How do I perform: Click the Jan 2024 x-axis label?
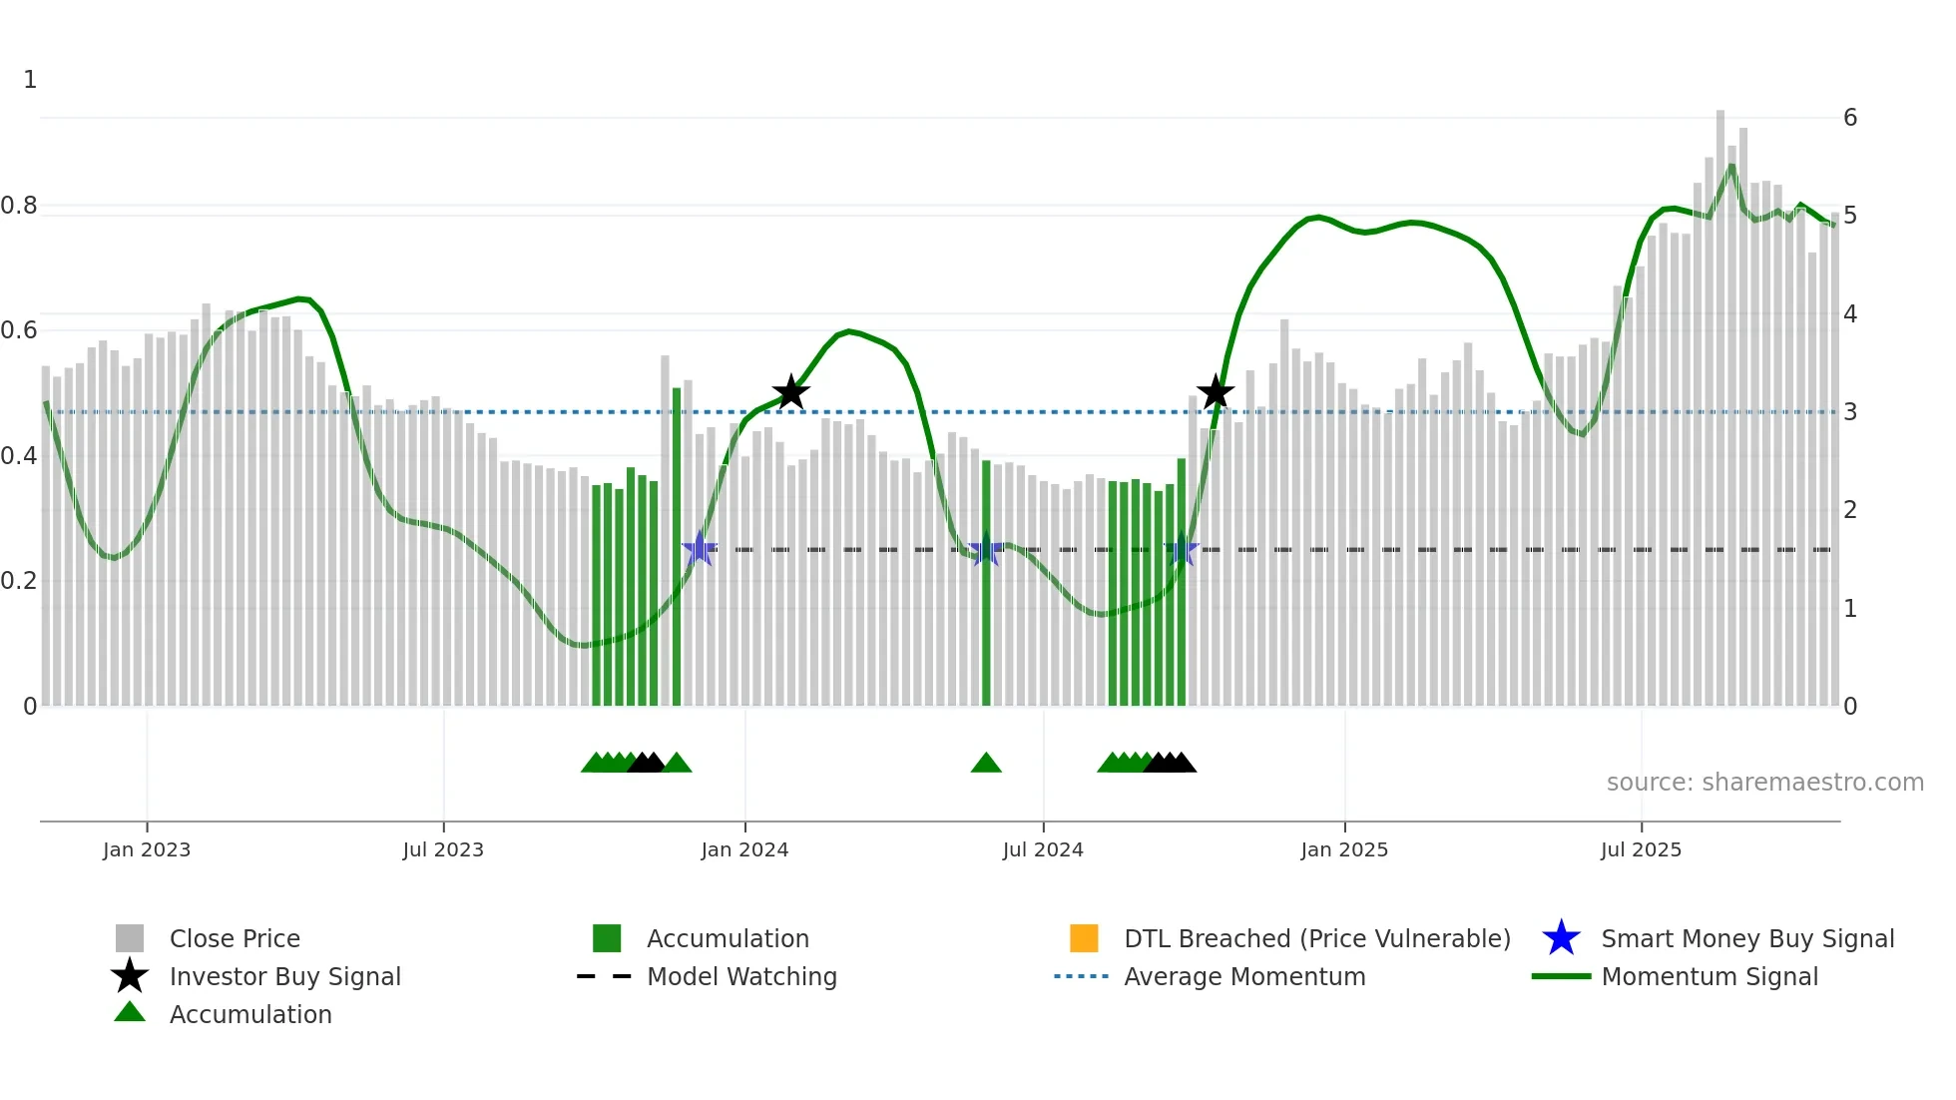point(744,849)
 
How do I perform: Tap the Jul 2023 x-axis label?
point(443,849)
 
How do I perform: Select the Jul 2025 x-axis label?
point(1641,849)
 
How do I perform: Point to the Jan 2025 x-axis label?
point(1344,849)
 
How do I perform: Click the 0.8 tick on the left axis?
point(19,206)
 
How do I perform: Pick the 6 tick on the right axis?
point(1850,118)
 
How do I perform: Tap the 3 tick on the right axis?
point(1850,412)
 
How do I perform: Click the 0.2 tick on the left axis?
point(19,581)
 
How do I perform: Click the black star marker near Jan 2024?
point(790,392)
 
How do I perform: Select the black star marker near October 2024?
point(1216,392)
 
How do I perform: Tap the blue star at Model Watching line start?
point(700,549)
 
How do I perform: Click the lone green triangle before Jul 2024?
point(986,764)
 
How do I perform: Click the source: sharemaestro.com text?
point(1764,783)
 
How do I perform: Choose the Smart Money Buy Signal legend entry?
point(1746,938)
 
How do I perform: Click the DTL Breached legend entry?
point(1316,938)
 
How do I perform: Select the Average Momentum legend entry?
point(1243,976)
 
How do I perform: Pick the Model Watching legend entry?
point(740,976)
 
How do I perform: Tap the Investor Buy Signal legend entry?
point(284,976)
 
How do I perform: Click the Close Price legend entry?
point(234,938)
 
